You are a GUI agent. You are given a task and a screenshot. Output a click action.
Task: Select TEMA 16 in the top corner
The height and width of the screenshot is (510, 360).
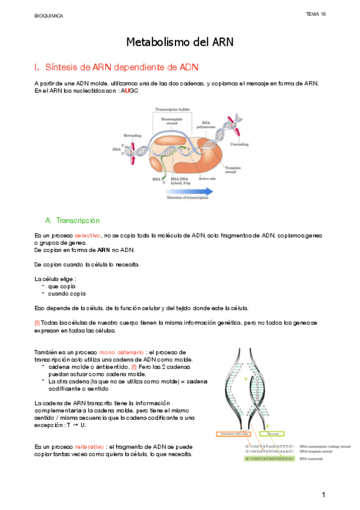pos(316,14)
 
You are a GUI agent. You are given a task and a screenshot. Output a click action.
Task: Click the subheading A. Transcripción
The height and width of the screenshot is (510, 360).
pos(72,221)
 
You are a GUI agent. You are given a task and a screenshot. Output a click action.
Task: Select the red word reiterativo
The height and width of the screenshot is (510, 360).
pos(88,447)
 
